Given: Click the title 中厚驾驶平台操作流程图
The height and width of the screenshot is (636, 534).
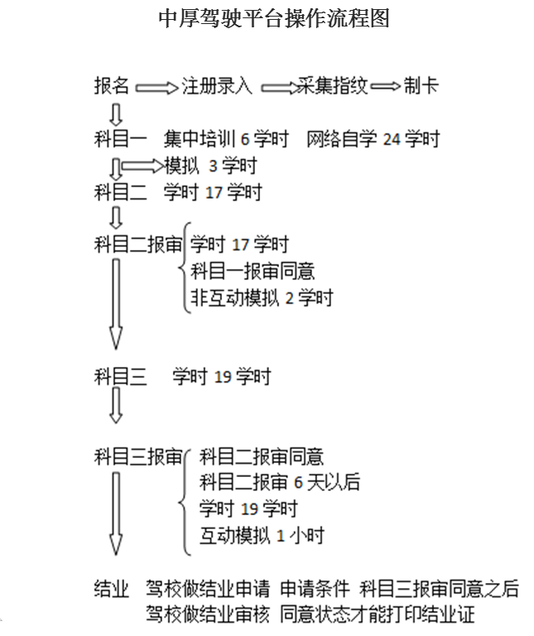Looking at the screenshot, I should [x=273, y=19].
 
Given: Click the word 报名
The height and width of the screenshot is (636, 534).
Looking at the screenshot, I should [x=112, y=86].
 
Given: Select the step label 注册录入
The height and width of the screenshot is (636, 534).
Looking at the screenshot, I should [x=217, y=86].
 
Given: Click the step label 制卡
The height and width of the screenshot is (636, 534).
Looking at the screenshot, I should [x=421, y=86].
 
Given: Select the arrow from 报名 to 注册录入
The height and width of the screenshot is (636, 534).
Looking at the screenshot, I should [x=156, y=87].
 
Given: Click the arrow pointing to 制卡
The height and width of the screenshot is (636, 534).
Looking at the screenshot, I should [x=385, y=87].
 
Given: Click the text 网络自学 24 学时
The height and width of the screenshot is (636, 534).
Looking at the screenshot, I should [x=373, y=138].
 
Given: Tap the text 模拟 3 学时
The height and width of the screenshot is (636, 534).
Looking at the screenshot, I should [x=210, y=166].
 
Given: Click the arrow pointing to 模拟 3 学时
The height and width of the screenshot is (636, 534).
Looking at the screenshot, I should [x=142, y=166].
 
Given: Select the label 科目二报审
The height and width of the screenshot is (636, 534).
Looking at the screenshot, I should [x=138, y=244].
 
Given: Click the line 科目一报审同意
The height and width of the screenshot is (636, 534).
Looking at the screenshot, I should [x=253, y=271].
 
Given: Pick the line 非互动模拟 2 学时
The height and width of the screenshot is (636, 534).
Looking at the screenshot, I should [x=262, y=297].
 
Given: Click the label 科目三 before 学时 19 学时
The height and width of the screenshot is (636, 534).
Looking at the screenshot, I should [x=121, y=377].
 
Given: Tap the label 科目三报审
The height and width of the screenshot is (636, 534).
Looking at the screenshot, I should [x=138, y=456].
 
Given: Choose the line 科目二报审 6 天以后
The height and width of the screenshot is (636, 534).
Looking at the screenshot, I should [x=280, y=482].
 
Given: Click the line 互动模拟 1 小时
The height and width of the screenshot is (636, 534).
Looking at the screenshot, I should [x=262, y=535].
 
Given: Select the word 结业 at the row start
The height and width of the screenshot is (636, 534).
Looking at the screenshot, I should [x=112, y=589].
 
